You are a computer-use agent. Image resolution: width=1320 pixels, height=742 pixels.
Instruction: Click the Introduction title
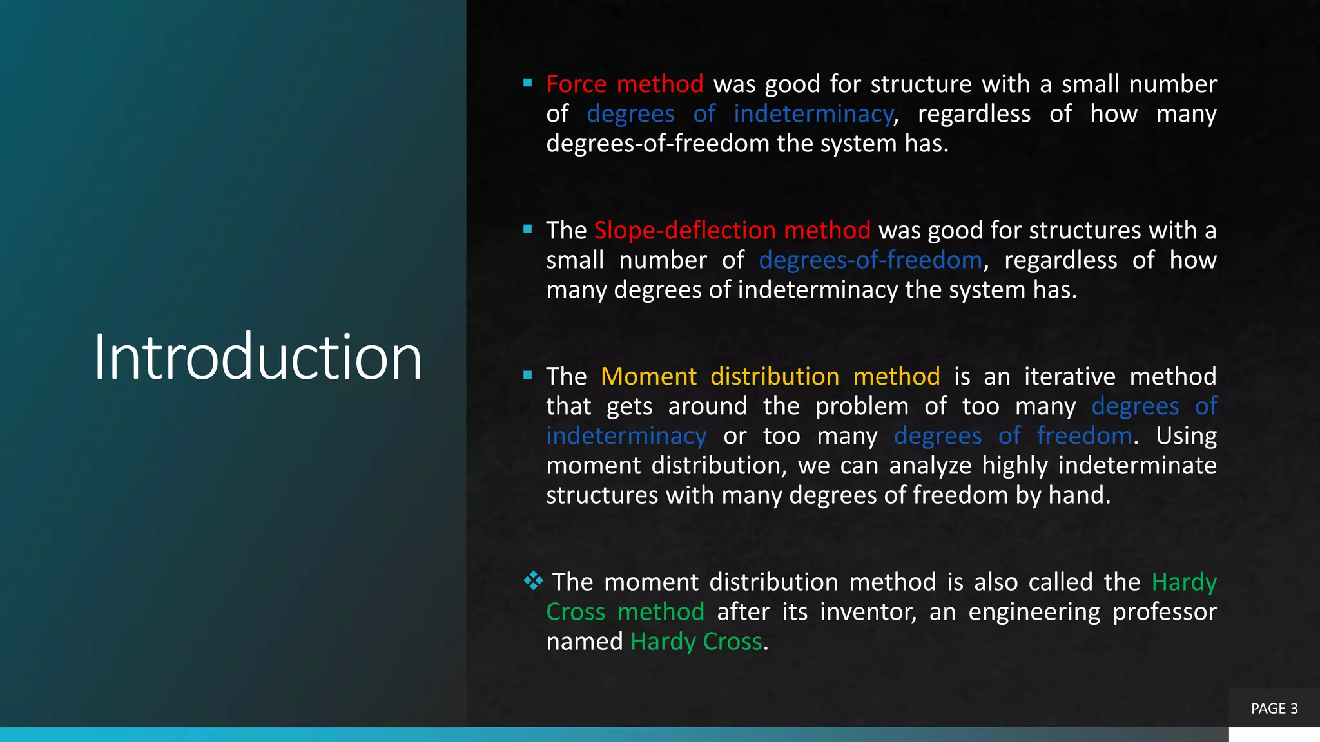258,357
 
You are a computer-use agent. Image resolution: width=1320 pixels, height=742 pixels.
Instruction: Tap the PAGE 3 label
1274,709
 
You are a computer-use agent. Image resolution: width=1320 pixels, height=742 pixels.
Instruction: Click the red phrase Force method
624,84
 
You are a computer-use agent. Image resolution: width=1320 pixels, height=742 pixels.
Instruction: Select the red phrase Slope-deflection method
732,231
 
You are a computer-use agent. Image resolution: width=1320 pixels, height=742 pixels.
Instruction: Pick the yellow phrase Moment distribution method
770,377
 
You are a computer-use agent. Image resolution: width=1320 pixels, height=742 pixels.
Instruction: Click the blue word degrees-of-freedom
870,260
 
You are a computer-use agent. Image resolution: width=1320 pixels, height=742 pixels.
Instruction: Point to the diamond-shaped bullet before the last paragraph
533,581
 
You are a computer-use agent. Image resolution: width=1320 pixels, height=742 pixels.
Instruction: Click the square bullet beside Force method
528,83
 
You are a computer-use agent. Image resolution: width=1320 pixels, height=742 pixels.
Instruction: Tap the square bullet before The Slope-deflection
528,229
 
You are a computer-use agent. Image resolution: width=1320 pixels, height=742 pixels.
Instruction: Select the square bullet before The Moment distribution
528,375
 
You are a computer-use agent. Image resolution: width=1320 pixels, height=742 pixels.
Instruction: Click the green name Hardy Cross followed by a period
696,642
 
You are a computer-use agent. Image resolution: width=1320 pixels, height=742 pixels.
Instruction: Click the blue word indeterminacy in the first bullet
813,114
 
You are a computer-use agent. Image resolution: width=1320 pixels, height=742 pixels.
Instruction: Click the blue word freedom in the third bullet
1084,436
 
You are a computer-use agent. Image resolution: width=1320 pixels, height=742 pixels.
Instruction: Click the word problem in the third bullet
862,406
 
